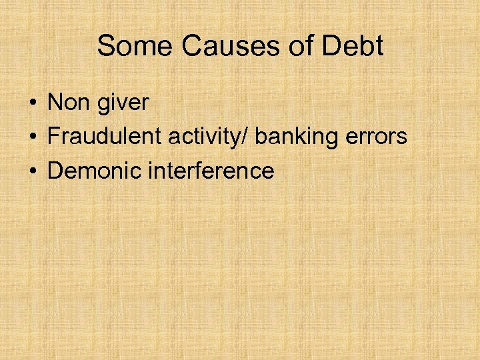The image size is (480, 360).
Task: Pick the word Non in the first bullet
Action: [x=69, y=103]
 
